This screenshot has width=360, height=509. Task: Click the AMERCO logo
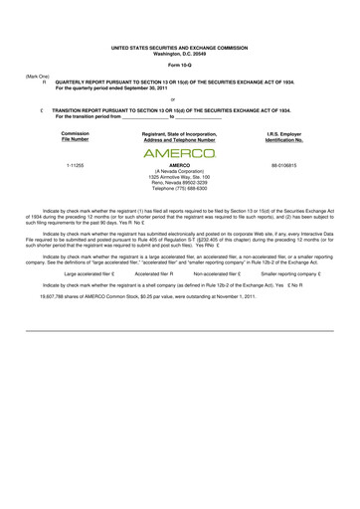pos(179,154)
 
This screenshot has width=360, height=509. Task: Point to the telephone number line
pos(179,187)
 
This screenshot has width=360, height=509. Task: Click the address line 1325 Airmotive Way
pos(179,176)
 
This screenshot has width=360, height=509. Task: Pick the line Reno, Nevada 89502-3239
pos(179,181)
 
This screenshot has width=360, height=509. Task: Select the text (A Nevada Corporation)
pos(179,170)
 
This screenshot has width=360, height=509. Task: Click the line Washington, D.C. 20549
pos(179,52)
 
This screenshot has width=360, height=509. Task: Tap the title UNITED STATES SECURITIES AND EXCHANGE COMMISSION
pos(179,46)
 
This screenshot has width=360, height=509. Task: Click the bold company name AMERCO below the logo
pos(179,164)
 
